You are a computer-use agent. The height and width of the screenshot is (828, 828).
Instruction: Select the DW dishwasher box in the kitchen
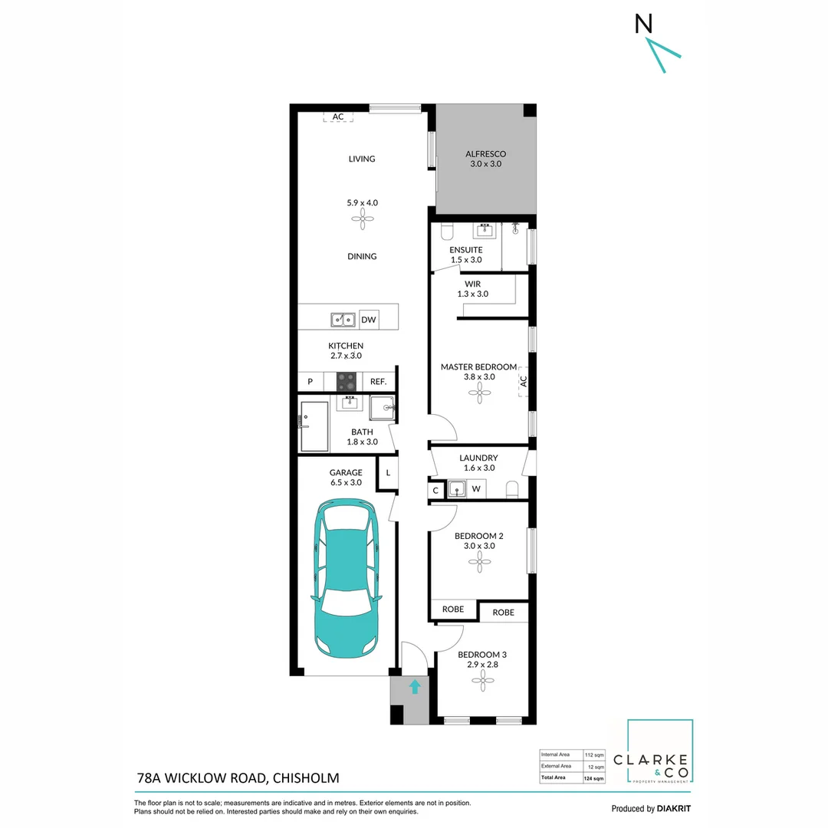point(368,319)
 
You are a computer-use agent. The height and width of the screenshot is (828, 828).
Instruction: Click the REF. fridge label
point(378,381)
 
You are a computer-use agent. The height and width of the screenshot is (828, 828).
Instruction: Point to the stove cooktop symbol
point(347,381)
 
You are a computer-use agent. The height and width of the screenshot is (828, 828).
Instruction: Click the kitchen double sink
point(342,319)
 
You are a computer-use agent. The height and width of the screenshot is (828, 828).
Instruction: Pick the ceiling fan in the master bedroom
point(481,393)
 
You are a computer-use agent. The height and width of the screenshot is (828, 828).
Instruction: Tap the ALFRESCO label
point(485,154)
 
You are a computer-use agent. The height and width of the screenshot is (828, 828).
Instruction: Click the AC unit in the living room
point(337,117)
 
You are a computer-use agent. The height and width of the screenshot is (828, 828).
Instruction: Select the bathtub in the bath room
point(314,426)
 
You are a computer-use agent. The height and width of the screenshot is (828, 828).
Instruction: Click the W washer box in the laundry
point(475,489)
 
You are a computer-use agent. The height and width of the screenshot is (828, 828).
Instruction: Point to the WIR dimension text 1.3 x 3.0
point(472,294)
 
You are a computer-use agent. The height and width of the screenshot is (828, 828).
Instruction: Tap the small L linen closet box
point(388,473)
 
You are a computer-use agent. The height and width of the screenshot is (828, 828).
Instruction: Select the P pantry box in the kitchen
point(310,381)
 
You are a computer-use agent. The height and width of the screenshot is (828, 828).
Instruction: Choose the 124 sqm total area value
point(594,778)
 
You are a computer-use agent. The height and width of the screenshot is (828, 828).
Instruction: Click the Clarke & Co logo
point(659,751)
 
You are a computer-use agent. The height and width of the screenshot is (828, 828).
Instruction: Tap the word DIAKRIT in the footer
point(679,809)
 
